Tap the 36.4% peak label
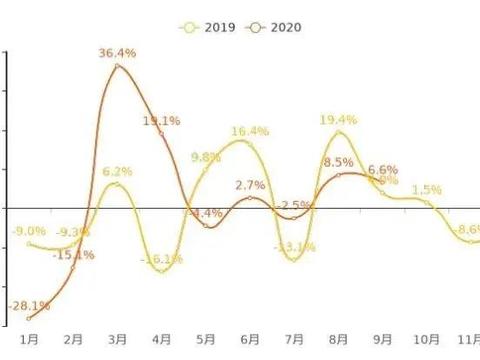(117, 52)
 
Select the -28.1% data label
(29, 305)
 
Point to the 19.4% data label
(339, 120)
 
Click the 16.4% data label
(250, 131)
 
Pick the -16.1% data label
(162, 259)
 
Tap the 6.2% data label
(117, 172)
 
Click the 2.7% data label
(250, 185)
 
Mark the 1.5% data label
(427, 189)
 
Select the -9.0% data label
(27, 232)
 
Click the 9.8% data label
(205, 157)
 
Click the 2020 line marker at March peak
(117, 66)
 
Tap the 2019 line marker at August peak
(339, 133)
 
